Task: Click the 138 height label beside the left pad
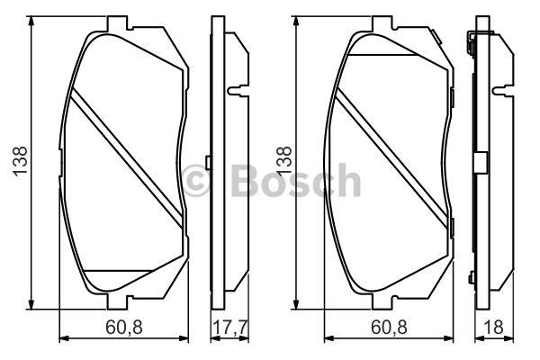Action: point(20,161)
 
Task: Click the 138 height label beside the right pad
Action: point(284,161)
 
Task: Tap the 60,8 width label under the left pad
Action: point(124,327)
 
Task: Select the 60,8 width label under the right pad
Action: point(389,327)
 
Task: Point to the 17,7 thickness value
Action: point(230,327)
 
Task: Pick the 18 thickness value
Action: point(493,327)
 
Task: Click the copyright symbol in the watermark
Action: point(195,180)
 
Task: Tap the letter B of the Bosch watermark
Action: point(247,180)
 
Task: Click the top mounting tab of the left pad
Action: point(118,23)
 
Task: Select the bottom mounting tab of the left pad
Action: point(118,301)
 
